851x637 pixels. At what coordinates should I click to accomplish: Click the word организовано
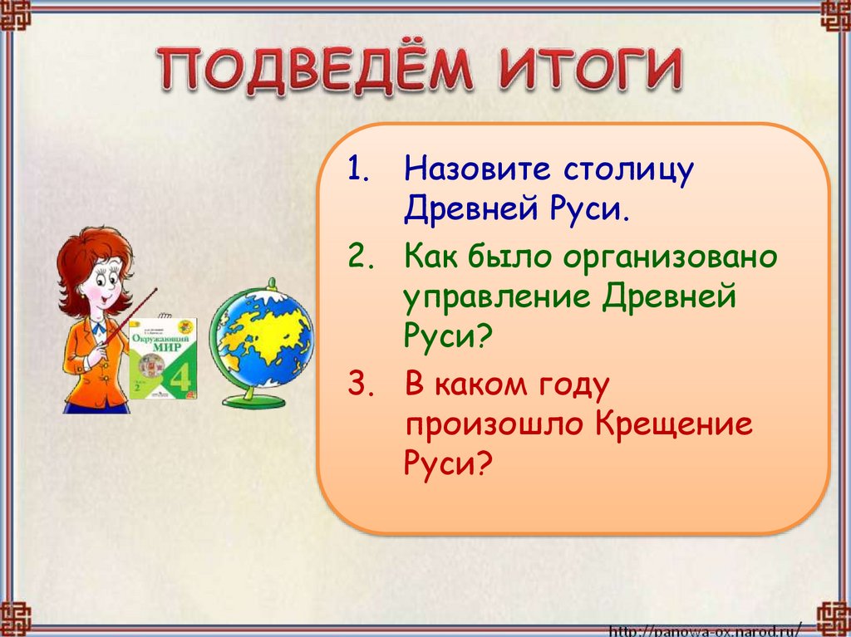pyautogui.click(x=670, y=257)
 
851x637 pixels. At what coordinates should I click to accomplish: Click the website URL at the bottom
pyautogui.click(x=706, y=629)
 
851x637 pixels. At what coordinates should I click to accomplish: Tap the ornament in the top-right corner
pyautogui.click(x=834, y=16)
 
